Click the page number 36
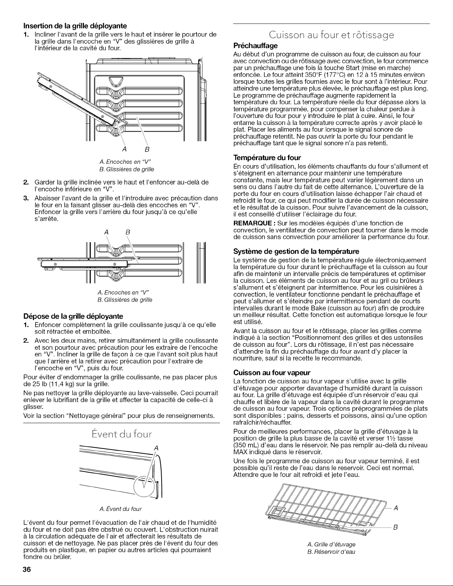point(27,569)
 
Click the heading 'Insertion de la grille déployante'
point(75,26)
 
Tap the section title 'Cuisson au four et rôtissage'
point(331,35)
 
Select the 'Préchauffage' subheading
point(256,45)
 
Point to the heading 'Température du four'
point(267,157)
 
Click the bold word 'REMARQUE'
point(253,223)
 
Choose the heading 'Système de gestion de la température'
point(296,252)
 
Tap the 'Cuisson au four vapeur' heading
point(272,373)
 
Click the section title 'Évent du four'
point(122,434)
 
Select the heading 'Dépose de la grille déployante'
point(73,316)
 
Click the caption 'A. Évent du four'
point(121,509)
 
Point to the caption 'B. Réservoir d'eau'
point(331,552)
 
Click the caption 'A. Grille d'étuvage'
point(331,544)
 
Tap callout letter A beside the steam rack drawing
point(396,508)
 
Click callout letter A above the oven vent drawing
point(156,448)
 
